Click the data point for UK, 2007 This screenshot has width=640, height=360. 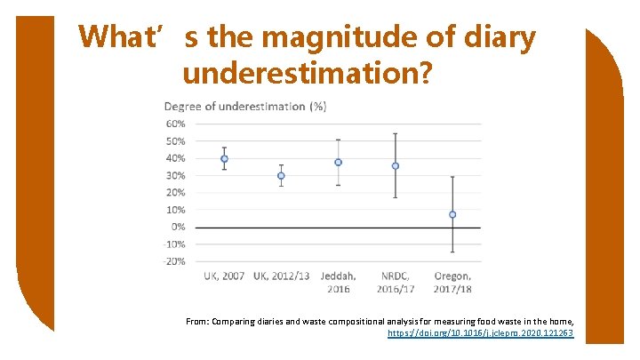point(224,159)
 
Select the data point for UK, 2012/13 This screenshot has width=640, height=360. point(281,176)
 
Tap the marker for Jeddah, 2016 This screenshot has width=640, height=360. point(338,163)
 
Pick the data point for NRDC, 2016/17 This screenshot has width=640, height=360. point(396,166)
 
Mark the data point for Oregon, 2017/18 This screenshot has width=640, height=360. point(452,214)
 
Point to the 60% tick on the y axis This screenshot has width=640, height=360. point(175,124)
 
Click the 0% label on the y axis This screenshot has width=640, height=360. point(178,228)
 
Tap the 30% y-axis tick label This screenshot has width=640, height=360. point(175,176)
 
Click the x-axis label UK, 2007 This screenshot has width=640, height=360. point(224,276)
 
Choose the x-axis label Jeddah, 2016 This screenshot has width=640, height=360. point(338,282)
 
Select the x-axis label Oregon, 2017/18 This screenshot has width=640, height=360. point(452,282)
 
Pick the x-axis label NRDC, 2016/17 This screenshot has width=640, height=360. point(396,282)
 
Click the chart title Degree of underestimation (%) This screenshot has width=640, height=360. point(245,107)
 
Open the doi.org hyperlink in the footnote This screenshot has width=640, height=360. point(481,333)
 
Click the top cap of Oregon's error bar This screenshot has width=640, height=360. point(452,177)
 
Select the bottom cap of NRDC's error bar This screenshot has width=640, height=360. point(396,197)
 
